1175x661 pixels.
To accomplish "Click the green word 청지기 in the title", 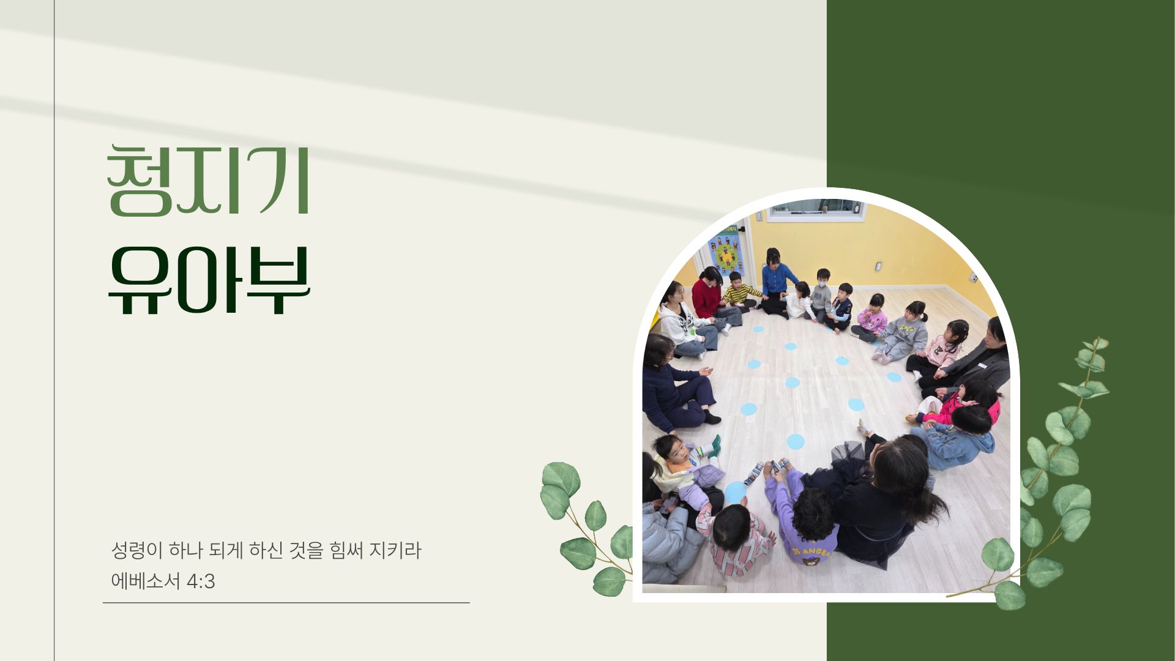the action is click(208, 181).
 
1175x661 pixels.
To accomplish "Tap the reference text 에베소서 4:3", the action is click(163, 581).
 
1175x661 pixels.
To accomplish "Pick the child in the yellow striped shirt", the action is click(739, 291).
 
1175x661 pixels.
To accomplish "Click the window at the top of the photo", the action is click(816, 209).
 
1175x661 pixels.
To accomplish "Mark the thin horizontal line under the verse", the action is click(286, 603).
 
